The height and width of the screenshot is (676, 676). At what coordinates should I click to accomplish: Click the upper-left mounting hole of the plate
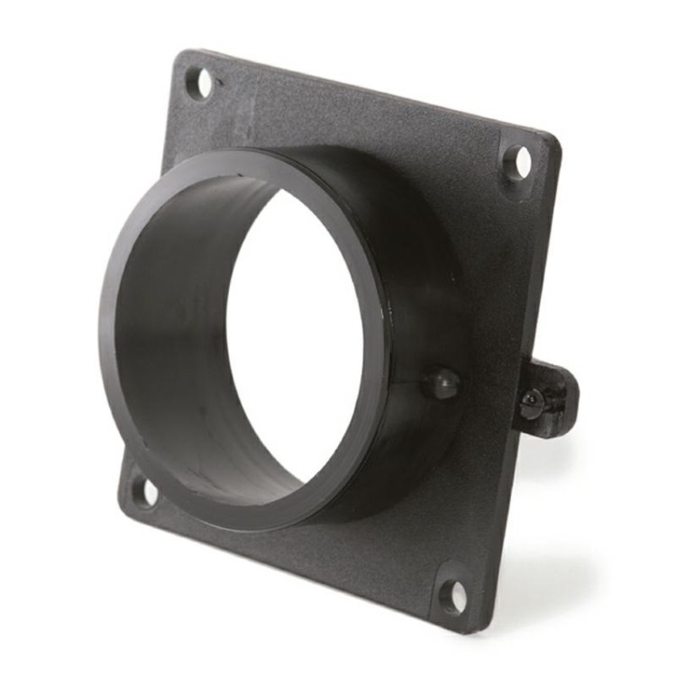(x=200, y=83)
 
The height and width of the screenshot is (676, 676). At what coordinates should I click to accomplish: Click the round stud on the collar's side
(x=443, y=382)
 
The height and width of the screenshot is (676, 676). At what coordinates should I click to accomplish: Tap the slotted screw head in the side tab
(x=532, y=402)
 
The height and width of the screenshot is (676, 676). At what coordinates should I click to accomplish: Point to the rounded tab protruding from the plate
(x=550, y=397)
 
